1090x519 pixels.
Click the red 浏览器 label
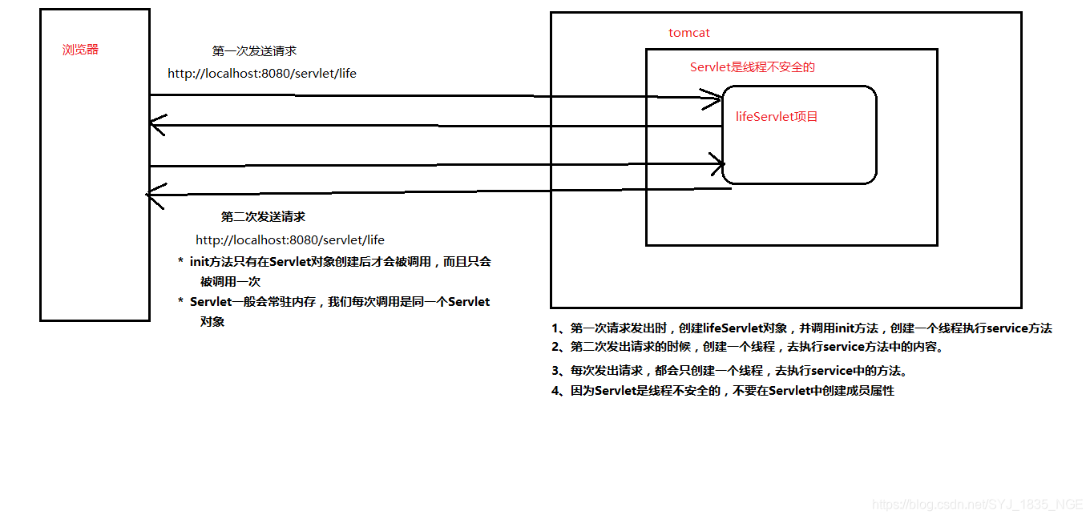(80, 50)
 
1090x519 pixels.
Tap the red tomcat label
(689, 33)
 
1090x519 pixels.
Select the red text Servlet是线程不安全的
(752, 67)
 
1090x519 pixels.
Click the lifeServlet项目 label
(777, 117)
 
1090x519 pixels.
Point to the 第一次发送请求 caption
(254, 51)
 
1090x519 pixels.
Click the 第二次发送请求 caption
(263, 217)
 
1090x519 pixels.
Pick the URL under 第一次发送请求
(262, 74)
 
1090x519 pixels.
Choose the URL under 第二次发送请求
(290, 240)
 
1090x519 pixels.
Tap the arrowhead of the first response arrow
(156, 125)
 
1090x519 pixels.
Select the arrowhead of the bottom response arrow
(154, 194)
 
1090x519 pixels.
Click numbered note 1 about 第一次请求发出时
(801, 328)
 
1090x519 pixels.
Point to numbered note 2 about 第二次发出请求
(745, 348)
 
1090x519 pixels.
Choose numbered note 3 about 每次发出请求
(729, 372)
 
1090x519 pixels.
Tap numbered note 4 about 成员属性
(722, 391)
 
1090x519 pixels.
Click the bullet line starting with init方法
(335, 262)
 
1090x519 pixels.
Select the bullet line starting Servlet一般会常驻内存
(335, 302)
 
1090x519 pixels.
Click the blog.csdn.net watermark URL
(977, 505)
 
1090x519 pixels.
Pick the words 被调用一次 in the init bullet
(230, 282)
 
